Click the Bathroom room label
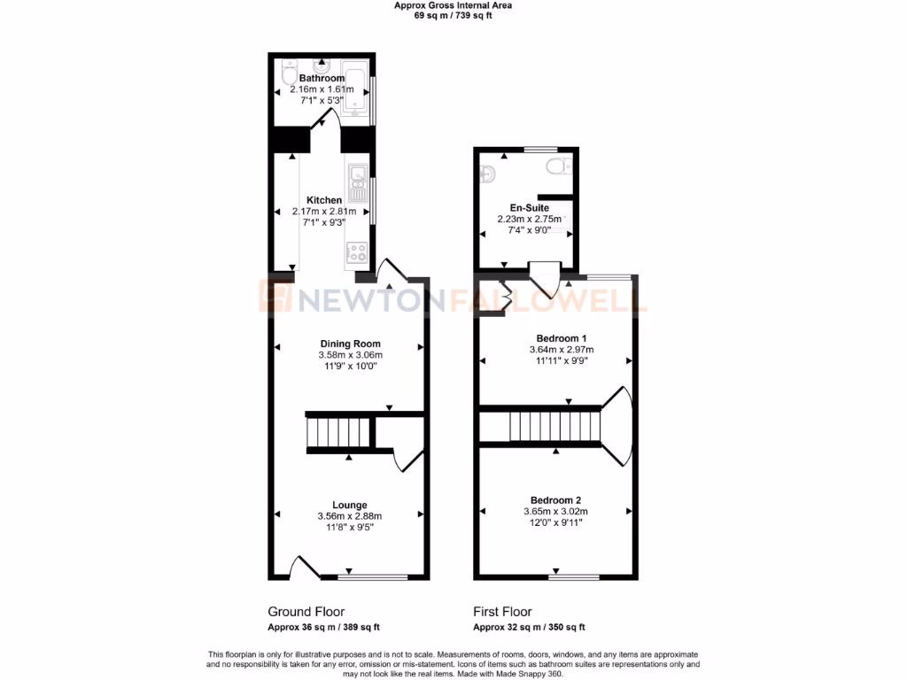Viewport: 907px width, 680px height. (x=322, y=78)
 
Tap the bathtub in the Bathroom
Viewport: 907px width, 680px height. (x=356, y=90)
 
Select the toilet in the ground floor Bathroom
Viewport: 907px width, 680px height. (x=288, y=76)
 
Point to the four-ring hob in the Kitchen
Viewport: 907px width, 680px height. (x=358, y=252)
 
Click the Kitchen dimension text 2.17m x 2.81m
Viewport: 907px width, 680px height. (x=323, y=212)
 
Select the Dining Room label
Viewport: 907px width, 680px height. (x=350, y=344)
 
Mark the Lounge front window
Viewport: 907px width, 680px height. (x=372, y=577)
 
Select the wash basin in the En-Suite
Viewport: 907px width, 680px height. (x=488, y=173)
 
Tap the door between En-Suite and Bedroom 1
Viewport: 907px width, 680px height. (x=544, y=278)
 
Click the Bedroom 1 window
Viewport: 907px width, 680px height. (x=610, y=277)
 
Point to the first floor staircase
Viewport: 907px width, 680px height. (x=554, y=428)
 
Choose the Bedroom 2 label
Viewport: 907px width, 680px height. (x=555, y=499)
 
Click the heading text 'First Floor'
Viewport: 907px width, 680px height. (x=502, y=612)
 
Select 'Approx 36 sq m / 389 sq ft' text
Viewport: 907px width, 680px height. (x=323, y=628)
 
